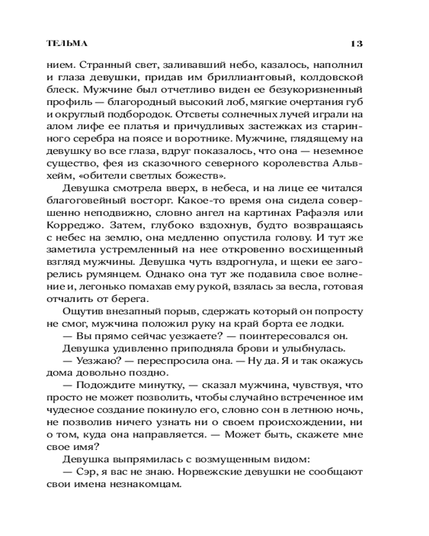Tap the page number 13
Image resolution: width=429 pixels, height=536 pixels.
(x=357, y=43)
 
